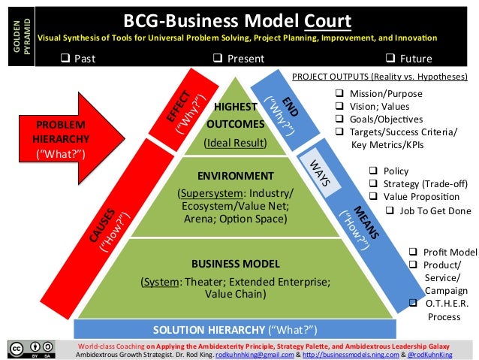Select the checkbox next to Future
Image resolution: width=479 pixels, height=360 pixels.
389,57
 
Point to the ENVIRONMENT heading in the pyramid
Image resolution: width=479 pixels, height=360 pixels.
234,177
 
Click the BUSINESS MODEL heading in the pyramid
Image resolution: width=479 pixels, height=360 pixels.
235,263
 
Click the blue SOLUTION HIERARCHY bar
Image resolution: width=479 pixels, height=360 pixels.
234,329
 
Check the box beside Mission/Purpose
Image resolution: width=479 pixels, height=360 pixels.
339,94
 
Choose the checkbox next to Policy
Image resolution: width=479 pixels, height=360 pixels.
373,171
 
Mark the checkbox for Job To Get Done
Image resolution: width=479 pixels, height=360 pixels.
390,210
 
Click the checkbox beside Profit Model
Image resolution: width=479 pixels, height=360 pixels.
412,252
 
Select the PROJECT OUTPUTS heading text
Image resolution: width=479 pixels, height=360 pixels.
378,77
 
